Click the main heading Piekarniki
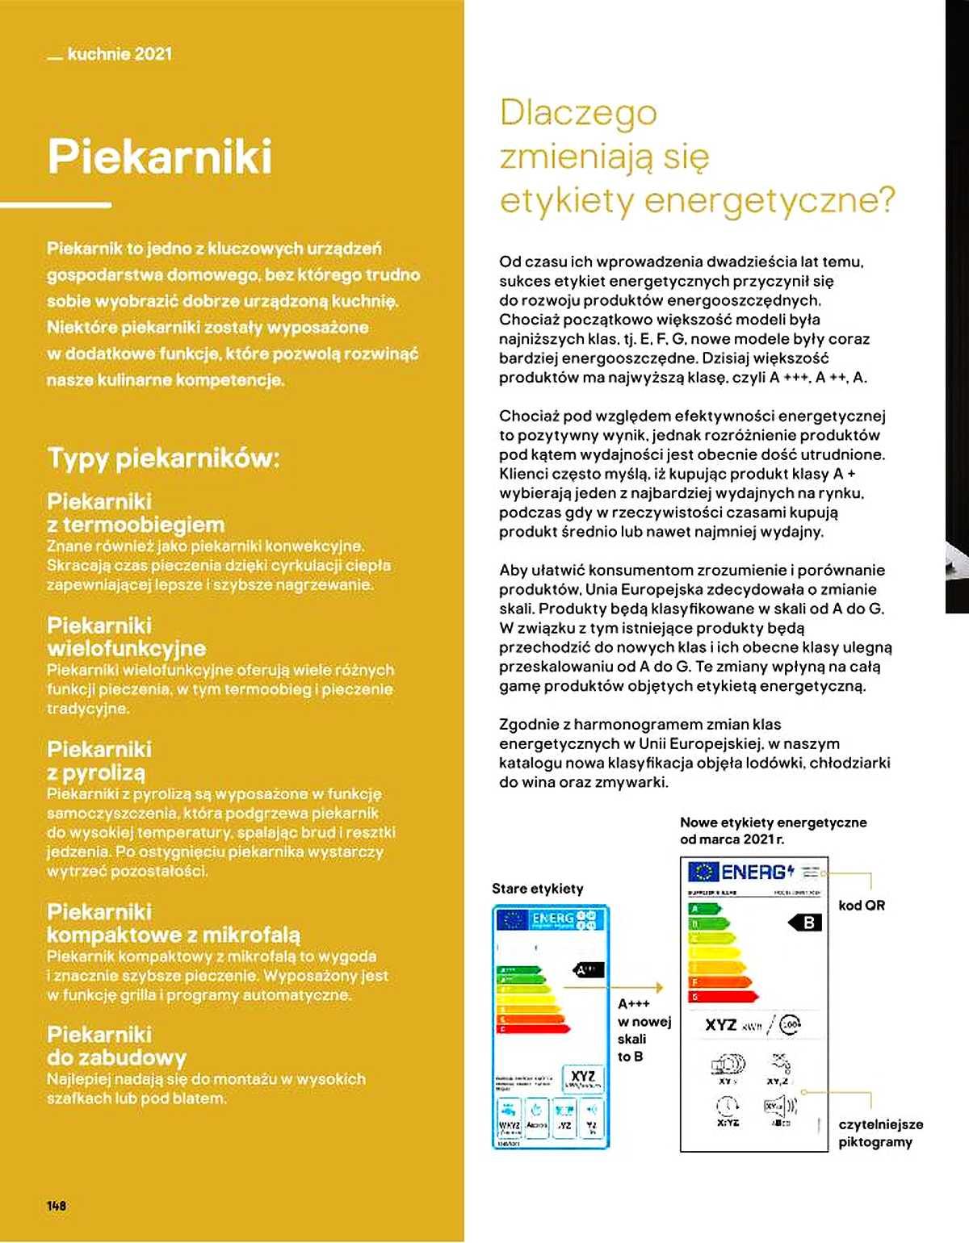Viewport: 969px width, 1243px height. pyautogui.click(x=160, y=157)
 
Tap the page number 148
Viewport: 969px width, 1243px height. pyautogui.click(x=57, y=1205)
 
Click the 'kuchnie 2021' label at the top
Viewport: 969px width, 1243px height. pyautogui.click(x=119, y=54)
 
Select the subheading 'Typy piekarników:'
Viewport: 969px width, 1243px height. pyautogui.click(x=163, y=458)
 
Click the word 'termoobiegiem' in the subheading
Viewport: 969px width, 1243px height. pyautogui.click(x=143, y=525)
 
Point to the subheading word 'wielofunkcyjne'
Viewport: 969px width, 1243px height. pyautogui.click(x=126, y=648)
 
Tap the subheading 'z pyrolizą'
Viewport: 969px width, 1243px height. pyautogui.click(x=96, y=772)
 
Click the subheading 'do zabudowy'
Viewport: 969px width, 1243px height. pyautogui.click(x=116, y=1057)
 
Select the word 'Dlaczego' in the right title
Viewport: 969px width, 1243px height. pyautogui.click(x=578, y=113)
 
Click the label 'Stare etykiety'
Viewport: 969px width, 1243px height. pyautogui.click(x=537, y=889)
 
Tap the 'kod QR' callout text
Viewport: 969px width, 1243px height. pyautogui.click(x=861, y=906)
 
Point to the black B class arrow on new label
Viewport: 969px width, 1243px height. pyautogui.click(x=805, y=923)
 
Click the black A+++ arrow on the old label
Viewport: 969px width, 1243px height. pyautogui.click(x=588, y=969)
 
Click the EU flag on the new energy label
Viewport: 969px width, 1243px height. pyautogui.click(x=703, y=872)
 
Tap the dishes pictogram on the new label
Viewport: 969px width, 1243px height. pyautogui.click(x=727, y=1065)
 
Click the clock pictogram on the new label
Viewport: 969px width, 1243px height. pyautogui.click(x=727, y=1106)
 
